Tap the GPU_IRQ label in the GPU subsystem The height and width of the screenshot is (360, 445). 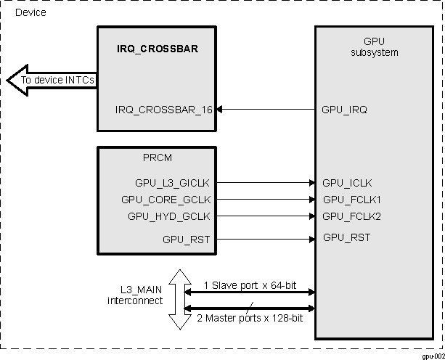344,110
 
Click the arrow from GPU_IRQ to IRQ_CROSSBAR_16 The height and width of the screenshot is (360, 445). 265,110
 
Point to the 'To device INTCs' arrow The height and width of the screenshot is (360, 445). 51,80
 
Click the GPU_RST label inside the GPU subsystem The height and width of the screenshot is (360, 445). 346,237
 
